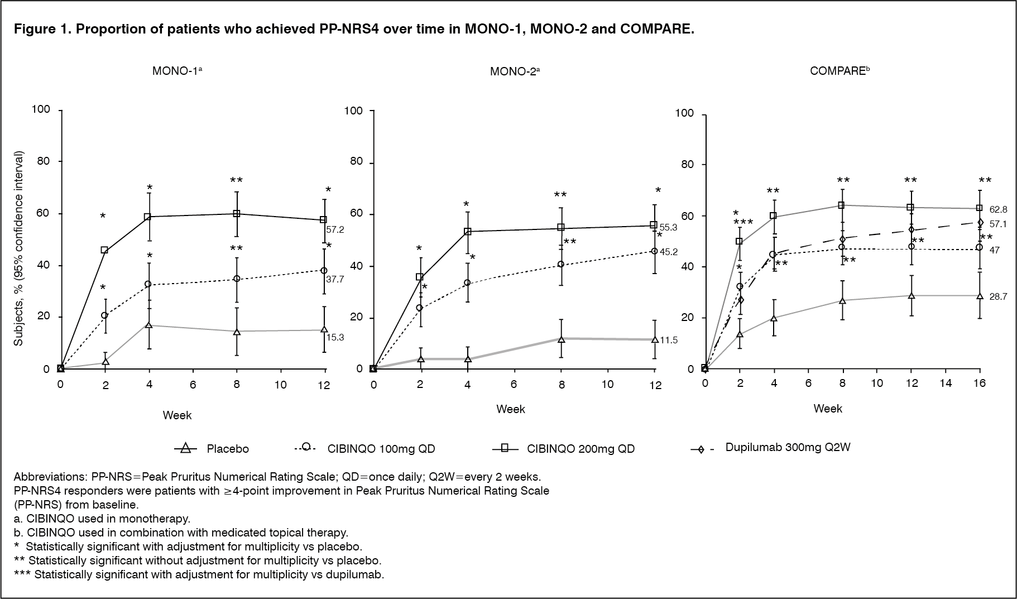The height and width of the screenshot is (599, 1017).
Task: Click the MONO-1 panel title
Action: point(177,71)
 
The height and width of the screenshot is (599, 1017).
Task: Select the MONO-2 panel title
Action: point(514,71)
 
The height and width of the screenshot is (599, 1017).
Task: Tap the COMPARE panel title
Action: point(839,71)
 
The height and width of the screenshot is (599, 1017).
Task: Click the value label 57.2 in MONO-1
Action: point(335,229)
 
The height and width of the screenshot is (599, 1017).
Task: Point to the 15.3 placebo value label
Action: point(335,338)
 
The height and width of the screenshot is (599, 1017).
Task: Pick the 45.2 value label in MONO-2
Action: point(669,252)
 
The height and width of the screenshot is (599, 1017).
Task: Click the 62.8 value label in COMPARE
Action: point(998,210)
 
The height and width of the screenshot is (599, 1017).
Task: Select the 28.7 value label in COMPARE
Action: point(998,297)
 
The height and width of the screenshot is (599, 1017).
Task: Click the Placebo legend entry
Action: point(228,449)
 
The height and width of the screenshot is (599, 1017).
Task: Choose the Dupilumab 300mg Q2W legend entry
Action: point(788,447)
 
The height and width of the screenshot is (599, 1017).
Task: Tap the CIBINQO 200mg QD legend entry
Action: point(581,449)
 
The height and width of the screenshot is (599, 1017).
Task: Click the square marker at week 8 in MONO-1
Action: point(236,213)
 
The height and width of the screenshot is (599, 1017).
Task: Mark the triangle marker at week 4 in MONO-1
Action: point(149,325)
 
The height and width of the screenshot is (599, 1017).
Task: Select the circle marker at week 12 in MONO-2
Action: point(654,251)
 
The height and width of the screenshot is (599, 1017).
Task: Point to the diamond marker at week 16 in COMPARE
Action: point(980,222)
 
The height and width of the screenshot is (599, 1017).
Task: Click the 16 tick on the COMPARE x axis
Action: point(979,383)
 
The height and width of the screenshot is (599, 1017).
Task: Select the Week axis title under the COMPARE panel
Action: point(828,409)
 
